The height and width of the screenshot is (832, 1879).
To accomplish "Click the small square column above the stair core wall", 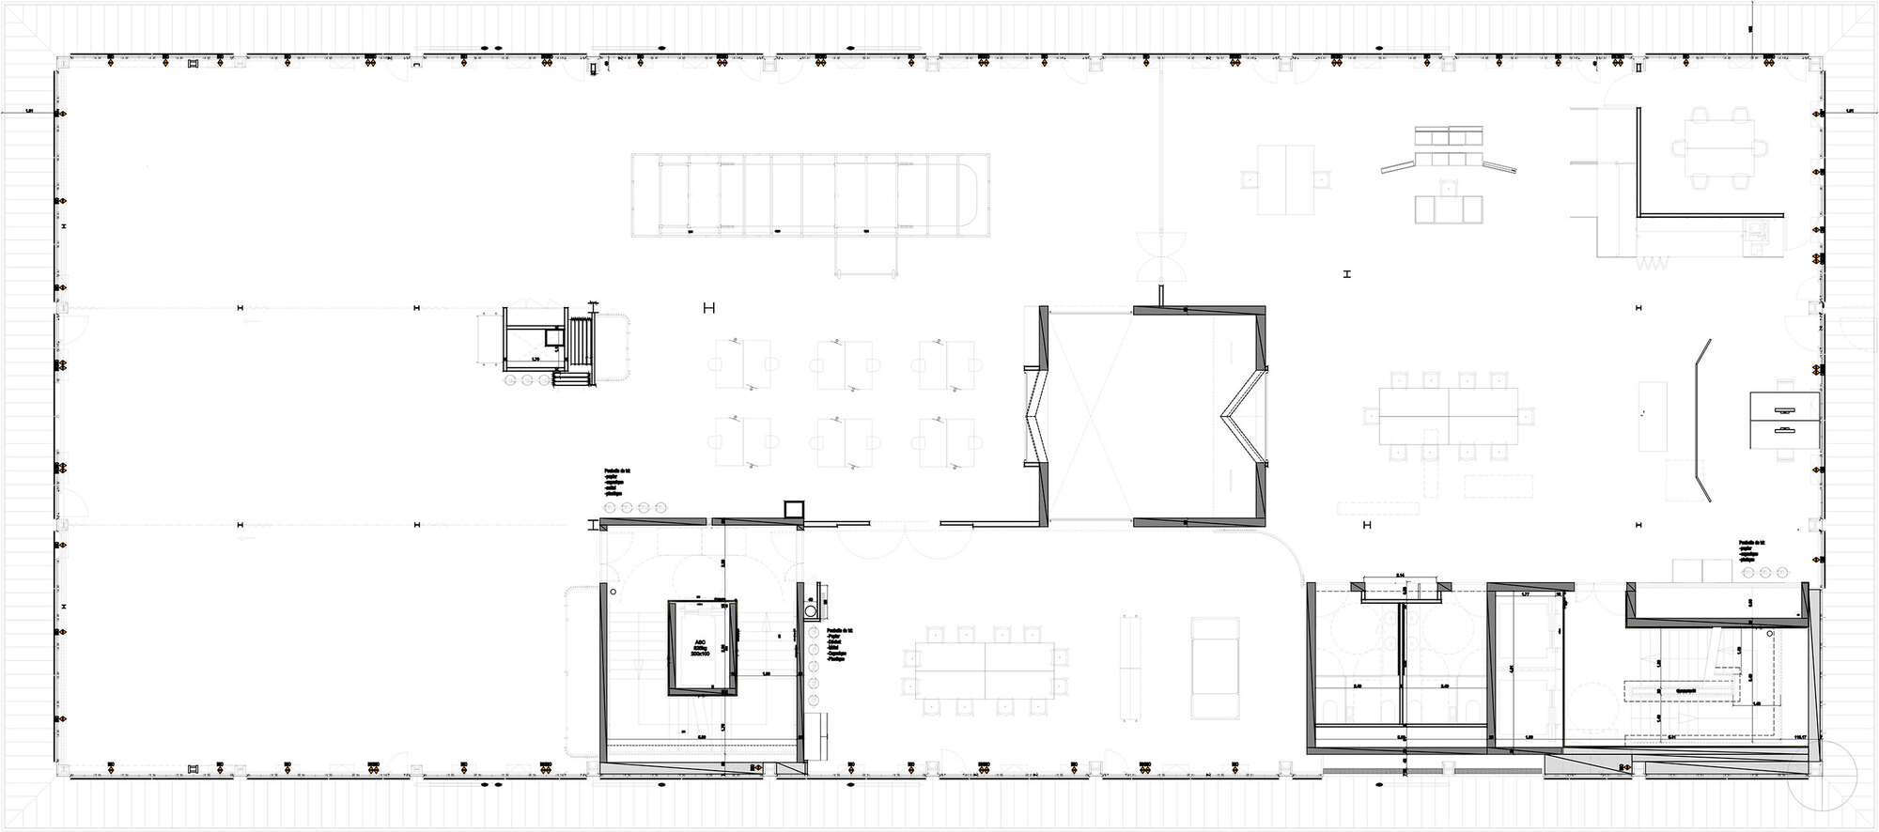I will coord(795,509).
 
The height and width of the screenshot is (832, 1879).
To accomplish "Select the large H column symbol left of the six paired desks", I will coord(709,307).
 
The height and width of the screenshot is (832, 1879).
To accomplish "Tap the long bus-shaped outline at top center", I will coord(812,193).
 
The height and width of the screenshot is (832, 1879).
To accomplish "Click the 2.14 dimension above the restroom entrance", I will coord(1399,576).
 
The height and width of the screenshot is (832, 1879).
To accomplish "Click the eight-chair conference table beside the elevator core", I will coord(985,670).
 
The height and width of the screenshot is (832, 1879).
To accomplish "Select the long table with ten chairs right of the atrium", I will coord(1448,416).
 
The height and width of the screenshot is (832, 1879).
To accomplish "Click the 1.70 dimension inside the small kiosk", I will coord(535,358).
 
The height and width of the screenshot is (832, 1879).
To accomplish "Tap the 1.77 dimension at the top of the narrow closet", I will coord(1526,593).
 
